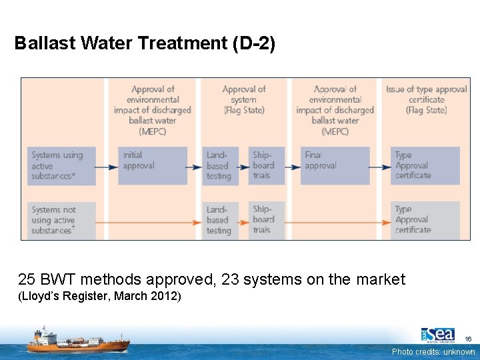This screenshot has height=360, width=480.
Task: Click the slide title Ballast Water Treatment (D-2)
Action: click(x=145, y=43)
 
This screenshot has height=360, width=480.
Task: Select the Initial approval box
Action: click(x=152, y=165)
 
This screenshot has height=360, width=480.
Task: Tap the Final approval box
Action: click(x=335, y=165)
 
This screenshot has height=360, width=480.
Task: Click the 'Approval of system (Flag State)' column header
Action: click(x=243, y=99)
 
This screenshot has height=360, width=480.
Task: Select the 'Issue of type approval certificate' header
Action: click(x=427, y=99)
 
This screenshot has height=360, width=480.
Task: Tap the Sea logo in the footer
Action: click(x=438, y=335)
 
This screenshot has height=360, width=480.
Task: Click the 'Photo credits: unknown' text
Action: click(x=433, y=352)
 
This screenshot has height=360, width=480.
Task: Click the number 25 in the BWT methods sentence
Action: click(x=27, y=279)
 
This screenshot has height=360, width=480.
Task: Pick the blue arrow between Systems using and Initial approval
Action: click(x=107, y=167)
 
